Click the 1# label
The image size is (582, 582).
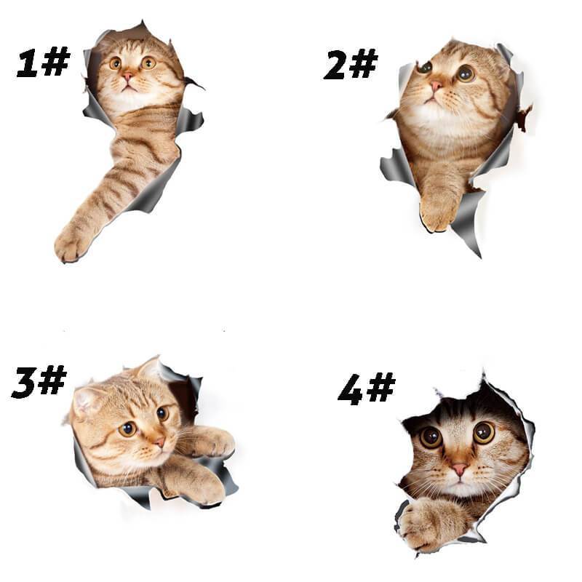click(42, 63)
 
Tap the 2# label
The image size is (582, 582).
click(351, 65)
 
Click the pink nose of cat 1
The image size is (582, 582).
click(128, 76)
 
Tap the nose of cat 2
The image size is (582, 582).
click(435, 86)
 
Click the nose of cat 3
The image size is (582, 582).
click(159, 442)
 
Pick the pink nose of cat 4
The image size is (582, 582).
click(460, 469)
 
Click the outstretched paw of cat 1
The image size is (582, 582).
click(73, 242)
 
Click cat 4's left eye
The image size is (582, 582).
click(430, 436)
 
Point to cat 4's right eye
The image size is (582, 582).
click(484, 432)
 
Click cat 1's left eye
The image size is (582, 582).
click(115, 63)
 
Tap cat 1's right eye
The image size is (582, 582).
click(148, 63)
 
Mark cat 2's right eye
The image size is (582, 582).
click(466, 73)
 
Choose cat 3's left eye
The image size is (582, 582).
click(128, 428)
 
